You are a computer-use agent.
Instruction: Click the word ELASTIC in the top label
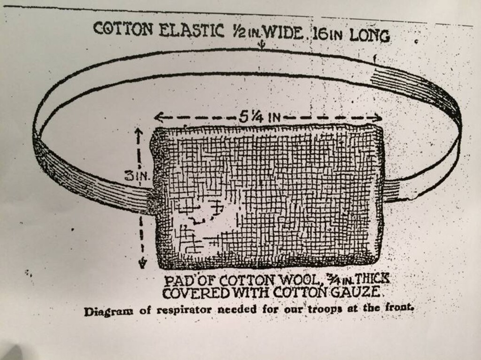[x=192, y=31]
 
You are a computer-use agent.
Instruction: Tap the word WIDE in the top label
[x=282, y=32]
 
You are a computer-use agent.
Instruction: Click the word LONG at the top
[x=370, y=36]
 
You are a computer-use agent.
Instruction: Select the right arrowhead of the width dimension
[x=377, y=118]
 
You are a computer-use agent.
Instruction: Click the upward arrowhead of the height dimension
[x=139, y=132]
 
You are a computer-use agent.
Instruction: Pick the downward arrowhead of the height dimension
[x=142, y=264]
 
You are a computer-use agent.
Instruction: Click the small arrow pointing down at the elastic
[x=261, y=46]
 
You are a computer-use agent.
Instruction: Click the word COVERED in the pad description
[x=196, y=293]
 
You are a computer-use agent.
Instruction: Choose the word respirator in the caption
[x=184, y=310]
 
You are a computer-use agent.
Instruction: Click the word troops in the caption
[x=325, y=308]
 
